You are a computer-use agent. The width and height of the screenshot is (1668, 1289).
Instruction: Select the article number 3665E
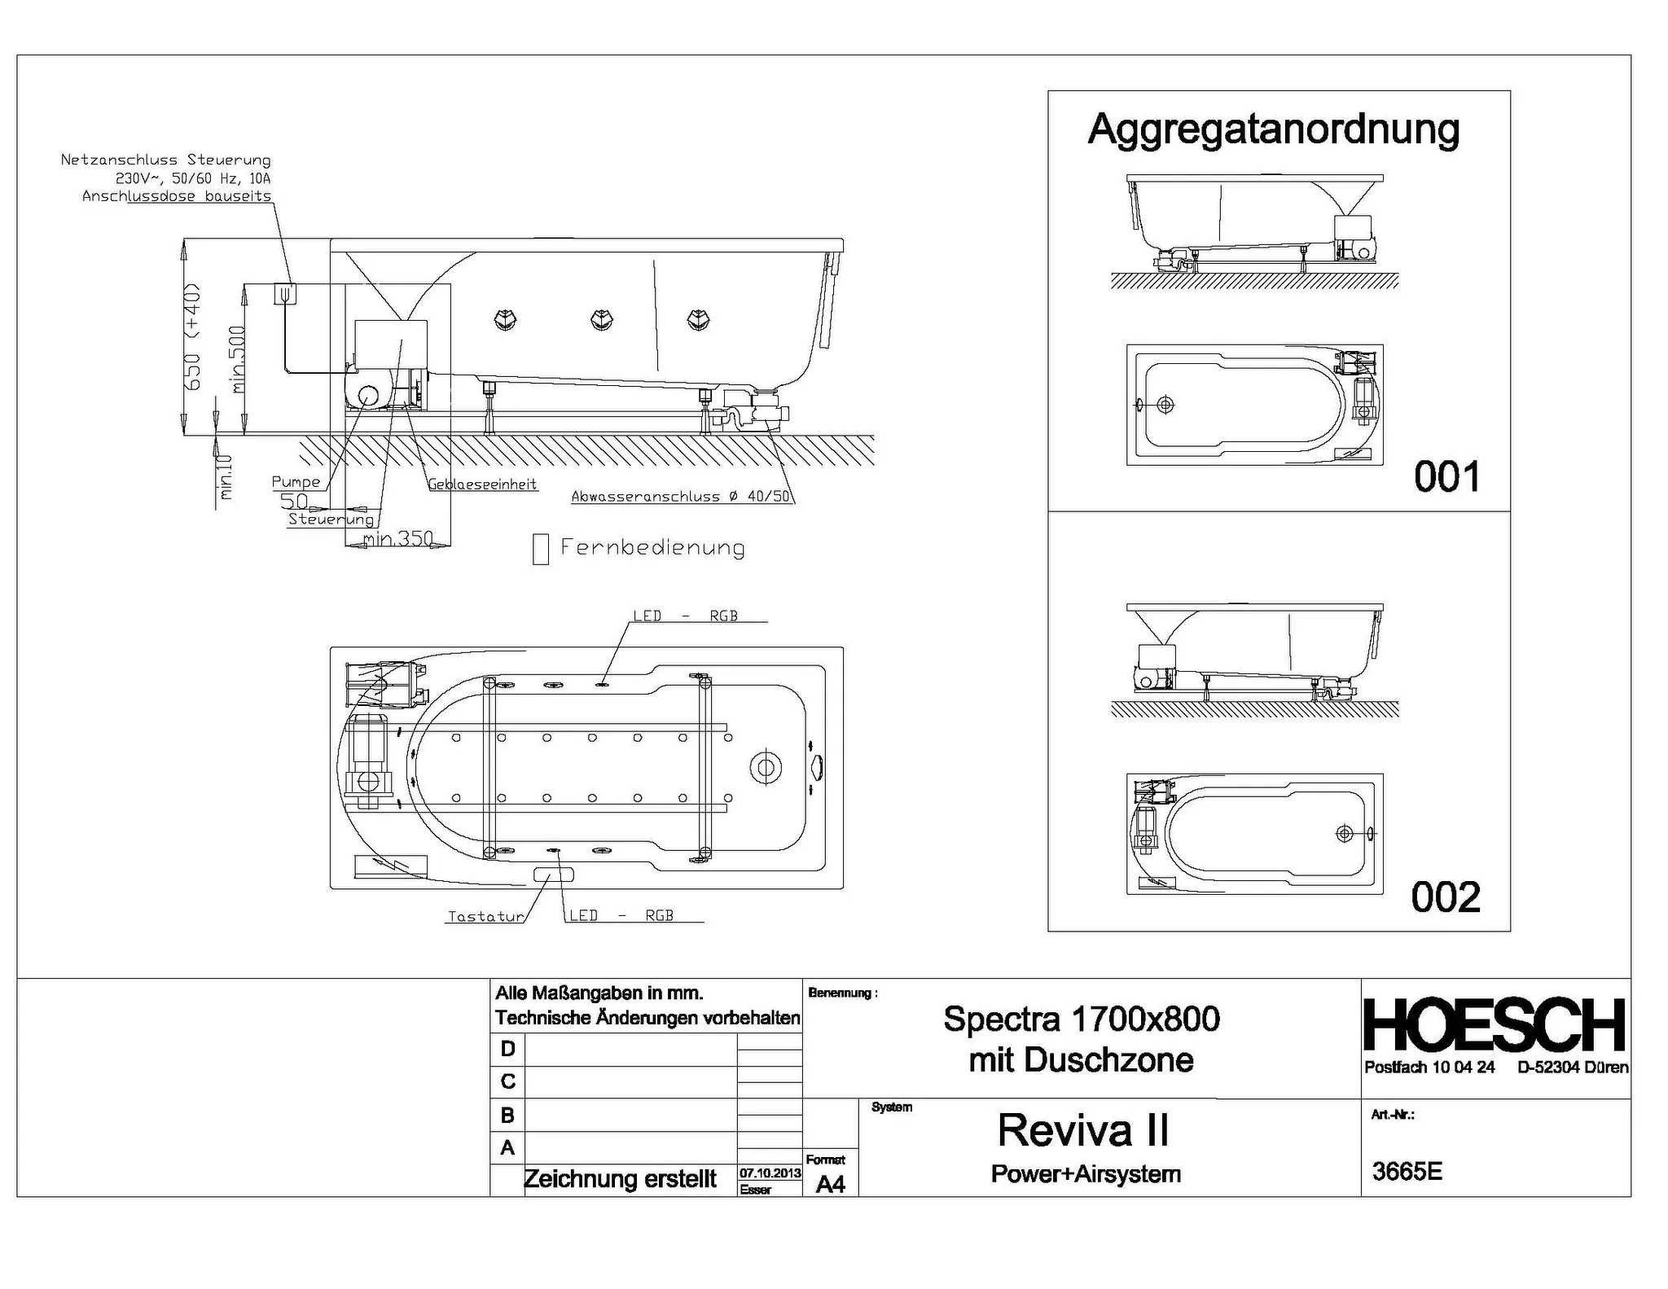click(1407, 1171)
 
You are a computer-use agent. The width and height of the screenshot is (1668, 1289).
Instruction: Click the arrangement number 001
click(1446, 476)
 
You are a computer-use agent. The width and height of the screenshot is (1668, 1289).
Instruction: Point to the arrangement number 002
click(1446, 897)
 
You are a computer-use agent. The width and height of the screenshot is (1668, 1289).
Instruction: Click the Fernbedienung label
click(652, 547)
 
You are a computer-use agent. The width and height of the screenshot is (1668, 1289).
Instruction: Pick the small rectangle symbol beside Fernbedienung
click(540, 549)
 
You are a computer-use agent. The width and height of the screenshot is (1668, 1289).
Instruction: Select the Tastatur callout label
click(485, 916)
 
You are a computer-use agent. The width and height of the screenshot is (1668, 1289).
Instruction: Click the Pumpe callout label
click(296, 482)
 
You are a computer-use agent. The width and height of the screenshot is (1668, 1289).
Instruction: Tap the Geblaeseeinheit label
click(483, 484)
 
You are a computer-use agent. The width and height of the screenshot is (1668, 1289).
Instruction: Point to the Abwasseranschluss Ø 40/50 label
click(680, 496)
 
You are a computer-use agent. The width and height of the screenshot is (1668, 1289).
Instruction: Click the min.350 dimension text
click(398, 538)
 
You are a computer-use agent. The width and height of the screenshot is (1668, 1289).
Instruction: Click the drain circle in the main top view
click(766, 767)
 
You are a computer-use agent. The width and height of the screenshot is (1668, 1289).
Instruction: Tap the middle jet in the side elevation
click(601, 319)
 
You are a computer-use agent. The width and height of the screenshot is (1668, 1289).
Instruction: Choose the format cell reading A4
click(830, 1184)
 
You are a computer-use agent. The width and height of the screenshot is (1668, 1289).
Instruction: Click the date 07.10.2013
click(770, 1173)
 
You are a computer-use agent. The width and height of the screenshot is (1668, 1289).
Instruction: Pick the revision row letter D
click(507, 1049)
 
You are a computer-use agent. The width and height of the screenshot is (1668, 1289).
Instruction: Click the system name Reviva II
click(1082, 1130)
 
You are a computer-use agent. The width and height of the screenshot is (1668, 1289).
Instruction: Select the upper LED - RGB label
click(685, 616)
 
